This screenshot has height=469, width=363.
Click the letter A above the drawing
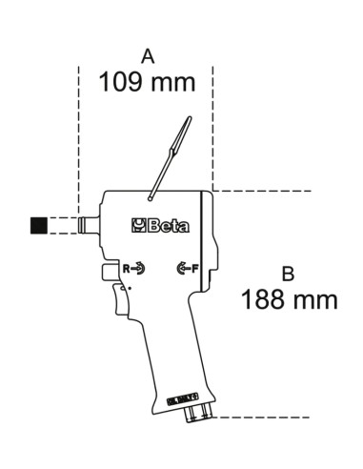click(x=146, y=58)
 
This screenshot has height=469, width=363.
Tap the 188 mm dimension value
click(x=290, y=300)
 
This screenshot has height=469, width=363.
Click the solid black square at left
click(x=38, y=226)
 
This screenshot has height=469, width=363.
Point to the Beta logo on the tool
click(x=162, y=226)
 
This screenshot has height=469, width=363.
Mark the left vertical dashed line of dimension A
click(x=78, y=143)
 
